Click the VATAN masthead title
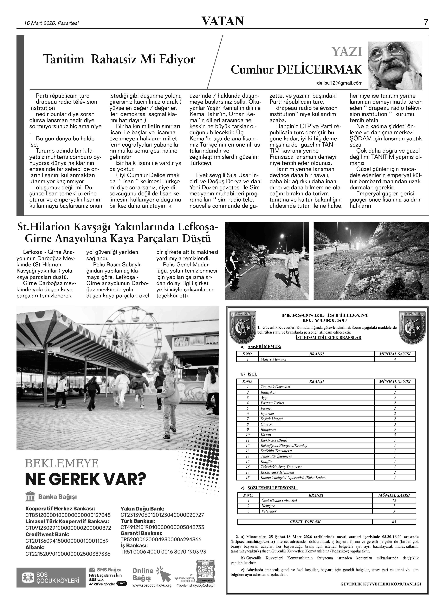pos(223,21)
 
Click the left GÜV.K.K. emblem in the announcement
pos(242,327)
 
